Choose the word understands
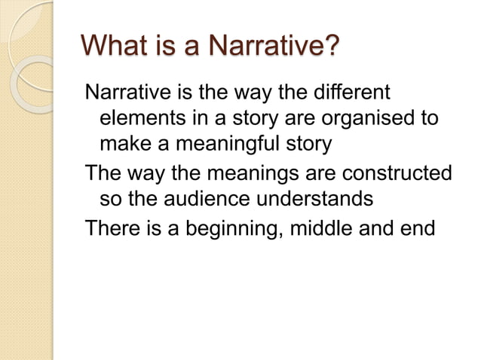(311, 200)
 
